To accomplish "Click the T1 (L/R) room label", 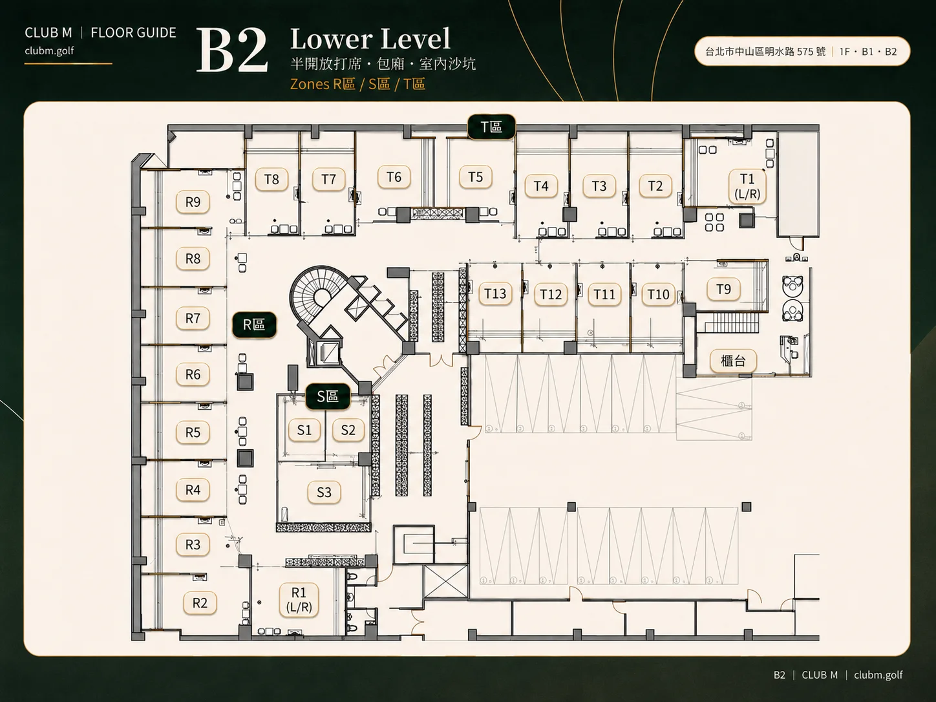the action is pyautogui.click(x=747, y=186).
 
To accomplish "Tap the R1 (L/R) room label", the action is pyautogui.click(x=299, y=600).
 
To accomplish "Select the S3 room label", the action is pyautogui.click(x=324, y=493).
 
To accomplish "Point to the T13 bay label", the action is pyautogui.click(x=495, y=293).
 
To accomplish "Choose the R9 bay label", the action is pyautogui.click(x=193, y=202).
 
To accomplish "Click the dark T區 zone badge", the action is pyautogui.click(x=492, y=127).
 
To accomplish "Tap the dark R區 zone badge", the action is pyautogui.click(x=254, y=324).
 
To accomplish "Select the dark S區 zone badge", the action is pyautogui.click(x=328, y=396).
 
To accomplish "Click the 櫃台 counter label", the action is pyautogui.click(x=734, y=361).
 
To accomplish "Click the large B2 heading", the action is pyautogui.click(x=232, y=52).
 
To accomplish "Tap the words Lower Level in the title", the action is pyautogui.click(x=370, y=39).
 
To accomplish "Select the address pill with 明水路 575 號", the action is pyautogui.click(x=802, y=52).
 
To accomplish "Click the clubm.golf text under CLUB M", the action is pyautogui.click(x=50, y=50).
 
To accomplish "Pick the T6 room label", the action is pyautogui.click(x=394, y=177).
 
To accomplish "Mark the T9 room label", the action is pyautogui.click(x=723, y=289).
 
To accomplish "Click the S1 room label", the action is pyautogui.click(x=304, y=430).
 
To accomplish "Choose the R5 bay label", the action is pyautogui.click(x=193, y=432).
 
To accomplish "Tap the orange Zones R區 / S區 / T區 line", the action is pyautogui.click(x=357, y=84).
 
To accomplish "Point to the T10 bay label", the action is pyautogui.click(x=658, y=294).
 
